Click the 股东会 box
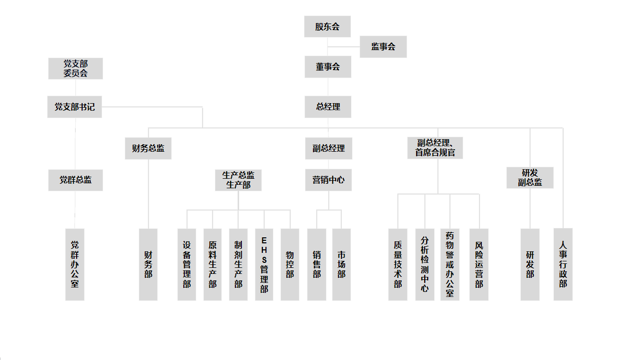pos(327,27)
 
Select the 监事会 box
pos(383,47)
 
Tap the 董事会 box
pos(328,67)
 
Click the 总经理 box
pos(328,107)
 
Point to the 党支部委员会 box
pos(75,68)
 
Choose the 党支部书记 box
pos(75,107)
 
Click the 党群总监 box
pos(75,180)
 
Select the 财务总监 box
pos(148,148)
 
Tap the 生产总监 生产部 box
pos(238,180)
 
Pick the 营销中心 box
pos(329,180)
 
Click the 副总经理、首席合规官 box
pos(435,148)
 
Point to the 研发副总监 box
pos(530,178)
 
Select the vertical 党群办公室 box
pos(75,264)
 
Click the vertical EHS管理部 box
pos(264,264)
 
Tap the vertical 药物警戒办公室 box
pos(450,264)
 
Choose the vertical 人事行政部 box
pos(563,264)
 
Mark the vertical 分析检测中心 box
pos(425,264)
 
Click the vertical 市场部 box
pos(342,264)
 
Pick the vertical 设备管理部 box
pos(187,264)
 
